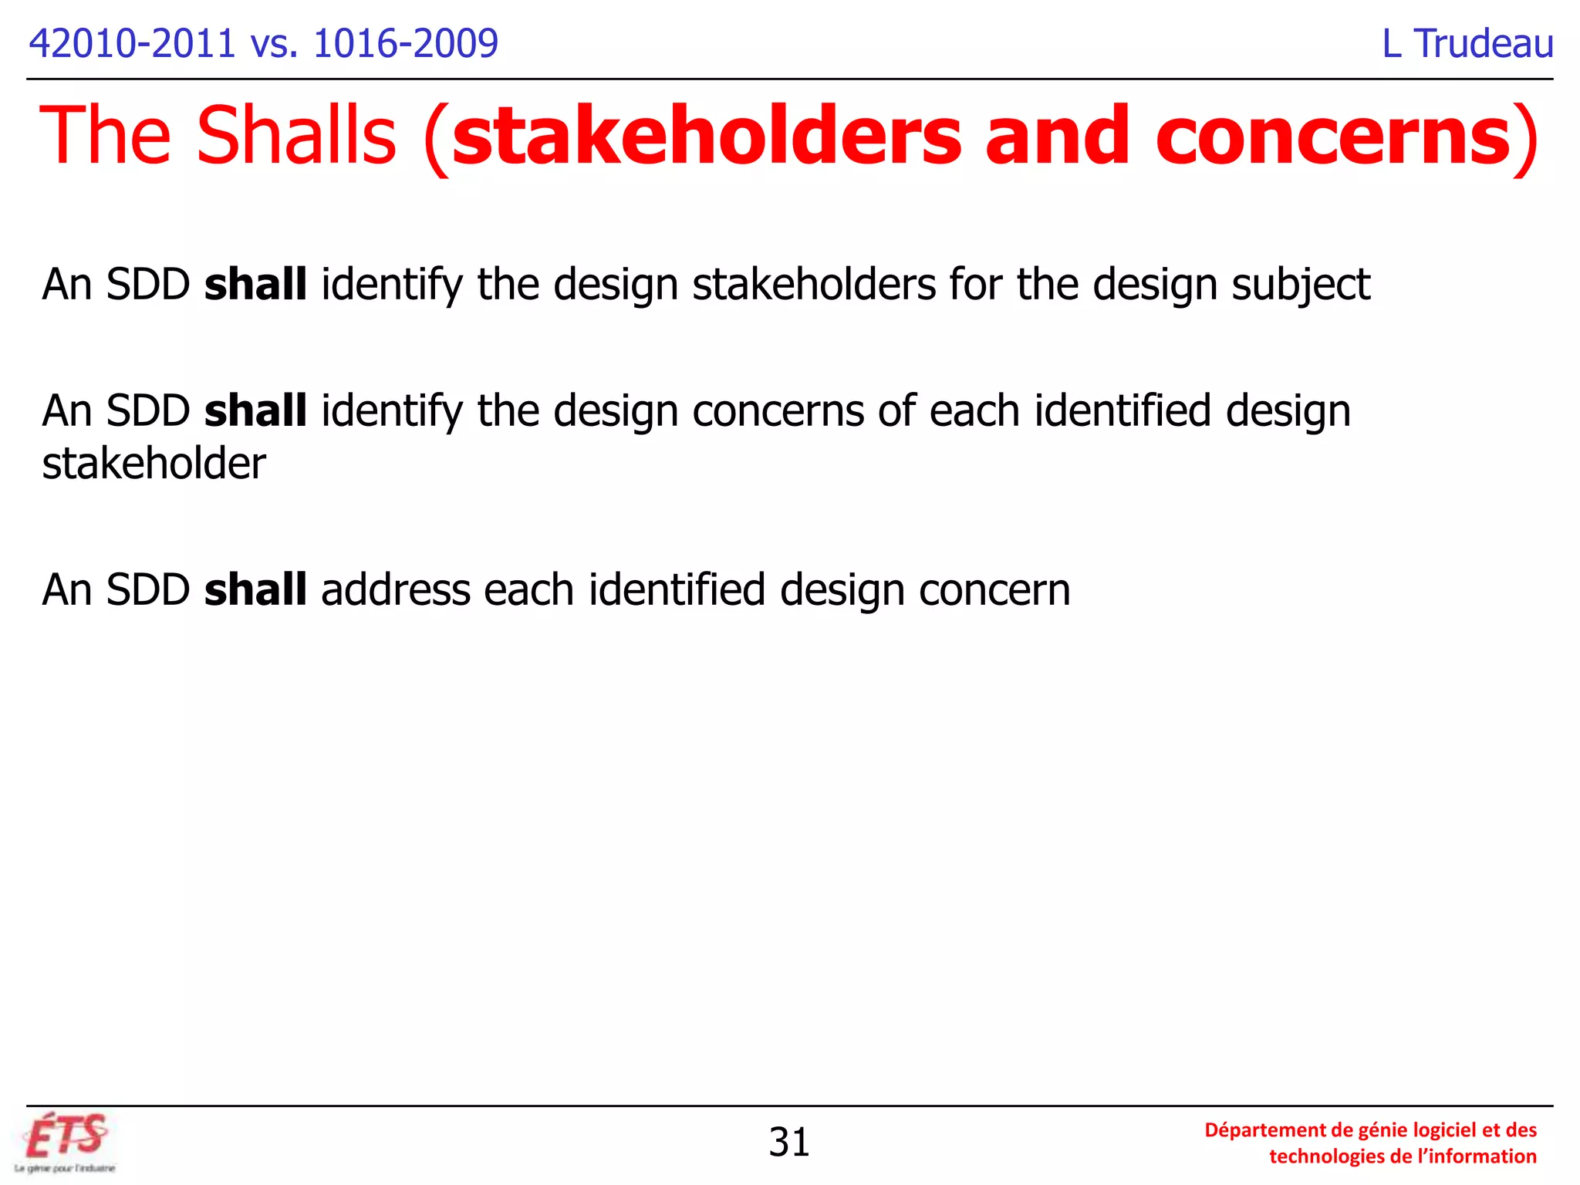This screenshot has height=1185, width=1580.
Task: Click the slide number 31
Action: [788, 1143]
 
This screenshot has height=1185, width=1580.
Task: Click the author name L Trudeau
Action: [1467, 44]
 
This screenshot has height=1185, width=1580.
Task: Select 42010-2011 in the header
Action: [131, 44]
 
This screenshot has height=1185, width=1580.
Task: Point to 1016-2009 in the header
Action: [406, 44]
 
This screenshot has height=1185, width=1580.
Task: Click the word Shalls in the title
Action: [296, 136]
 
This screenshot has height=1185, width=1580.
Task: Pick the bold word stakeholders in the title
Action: [706, 136]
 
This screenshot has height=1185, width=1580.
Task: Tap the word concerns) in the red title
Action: [1346, 136]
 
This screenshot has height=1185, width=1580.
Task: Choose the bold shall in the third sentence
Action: [255, 589]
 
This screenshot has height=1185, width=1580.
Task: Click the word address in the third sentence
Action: [395, 590]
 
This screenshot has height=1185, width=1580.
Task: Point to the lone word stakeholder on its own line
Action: [154, 464]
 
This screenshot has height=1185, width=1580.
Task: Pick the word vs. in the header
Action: [274, 44]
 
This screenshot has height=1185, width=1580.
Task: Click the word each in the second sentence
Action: [974, 411]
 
